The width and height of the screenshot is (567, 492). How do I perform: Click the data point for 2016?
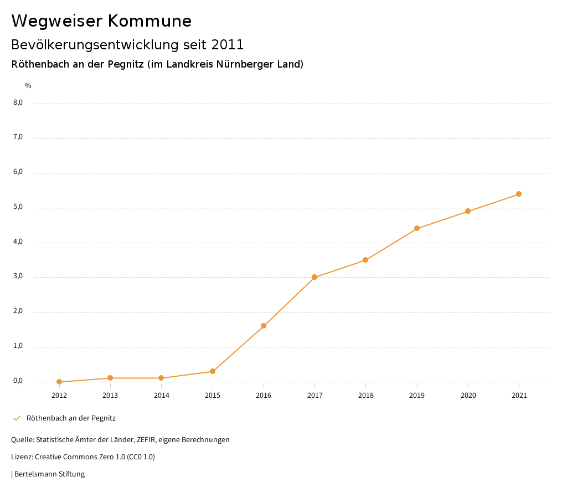(x=264, y=326)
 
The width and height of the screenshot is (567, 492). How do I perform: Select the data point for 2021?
(x=519, y=194)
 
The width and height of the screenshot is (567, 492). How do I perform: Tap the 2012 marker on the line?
(x=59, y=382)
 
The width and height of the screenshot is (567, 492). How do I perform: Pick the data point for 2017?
(x=315, y=277)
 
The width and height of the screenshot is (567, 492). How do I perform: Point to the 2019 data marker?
(x=417, y=228)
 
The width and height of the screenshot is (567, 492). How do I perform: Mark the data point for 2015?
(x=213, y=371)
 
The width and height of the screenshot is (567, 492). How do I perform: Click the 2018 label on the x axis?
(x=366, y=396)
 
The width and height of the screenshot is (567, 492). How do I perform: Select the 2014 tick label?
(x=162, y=396)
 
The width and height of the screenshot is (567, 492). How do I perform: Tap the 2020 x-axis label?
(x=468, y=396)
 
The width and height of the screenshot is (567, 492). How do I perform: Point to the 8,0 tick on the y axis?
(x=18, y=102)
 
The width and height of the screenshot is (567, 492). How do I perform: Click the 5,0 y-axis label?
(x=18, y=207)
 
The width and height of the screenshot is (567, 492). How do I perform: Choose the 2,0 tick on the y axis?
(x=18, y=311)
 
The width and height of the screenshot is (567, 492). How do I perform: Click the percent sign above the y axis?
(x=28, y=86)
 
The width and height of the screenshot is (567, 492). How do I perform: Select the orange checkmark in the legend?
(x=17, y=418)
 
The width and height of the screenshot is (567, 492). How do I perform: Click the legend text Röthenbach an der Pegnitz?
(x=71, y=418)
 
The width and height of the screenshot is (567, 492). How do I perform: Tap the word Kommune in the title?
(x=150, y=21)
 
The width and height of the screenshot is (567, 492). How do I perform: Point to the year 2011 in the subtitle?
(x=228, y=44)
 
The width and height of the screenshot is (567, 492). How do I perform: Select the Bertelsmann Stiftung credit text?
(x=49, y=474)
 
